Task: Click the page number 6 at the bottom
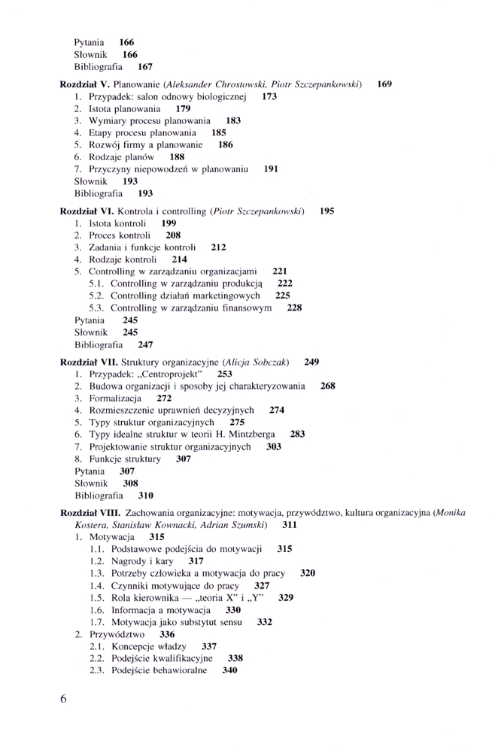[63, 698]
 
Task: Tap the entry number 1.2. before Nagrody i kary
[96, 561]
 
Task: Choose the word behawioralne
[175, 670]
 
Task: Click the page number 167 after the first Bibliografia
[146, 67]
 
